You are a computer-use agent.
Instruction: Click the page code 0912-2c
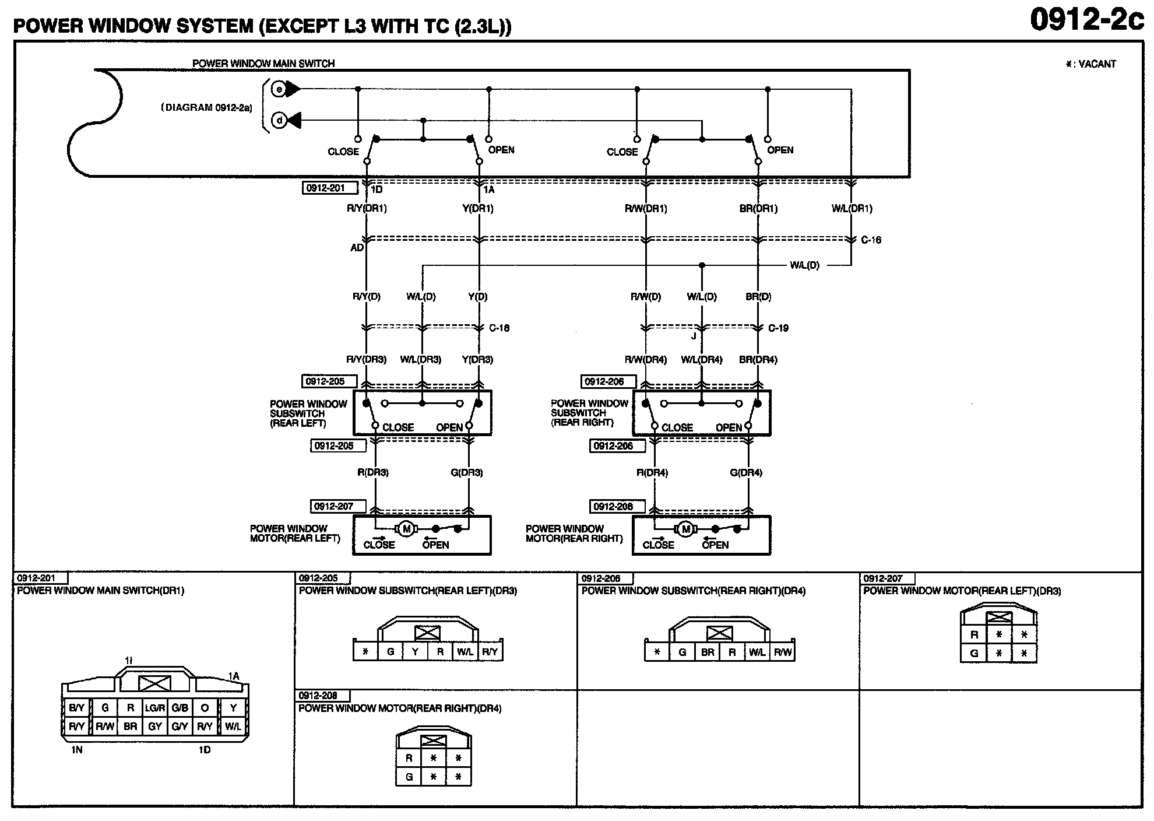[x=1086, y=19]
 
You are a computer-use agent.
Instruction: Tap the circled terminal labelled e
[x=279, y=89]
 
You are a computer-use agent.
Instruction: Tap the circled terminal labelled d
[x=279, y=121]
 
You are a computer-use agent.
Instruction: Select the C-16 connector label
[x=871, y=240]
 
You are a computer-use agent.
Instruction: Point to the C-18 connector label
[x=499, y=328]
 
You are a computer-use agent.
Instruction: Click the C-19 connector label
[x=778, y=328]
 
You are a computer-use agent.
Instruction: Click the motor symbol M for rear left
[x=406, y=529]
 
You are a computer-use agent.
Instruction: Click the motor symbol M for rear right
[x=685, y=529]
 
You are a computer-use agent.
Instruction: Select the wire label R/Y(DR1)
[x=367, y=208]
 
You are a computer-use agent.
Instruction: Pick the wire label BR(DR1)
[x=758, y=208]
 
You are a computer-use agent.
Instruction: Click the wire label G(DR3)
[x=467, y=472]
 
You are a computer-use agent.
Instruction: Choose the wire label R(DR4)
[x=652, y=472]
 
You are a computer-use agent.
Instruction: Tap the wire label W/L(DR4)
[x=702, y=360]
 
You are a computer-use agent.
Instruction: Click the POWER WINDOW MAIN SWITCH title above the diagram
[x=263, y=64]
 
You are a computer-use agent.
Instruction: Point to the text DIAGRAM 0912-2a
[x=207, y=108]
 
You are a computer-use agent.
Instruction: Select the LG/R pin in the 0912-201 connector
[x=155, y=708]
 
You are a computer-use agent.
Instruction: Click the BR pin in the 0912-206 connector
[x=708, y=652]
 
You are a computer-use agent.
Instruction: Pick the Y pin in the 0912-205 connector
[x=415, y=652]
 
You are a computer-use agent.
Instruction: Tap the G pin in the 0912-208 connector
[x=409, y=777]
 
